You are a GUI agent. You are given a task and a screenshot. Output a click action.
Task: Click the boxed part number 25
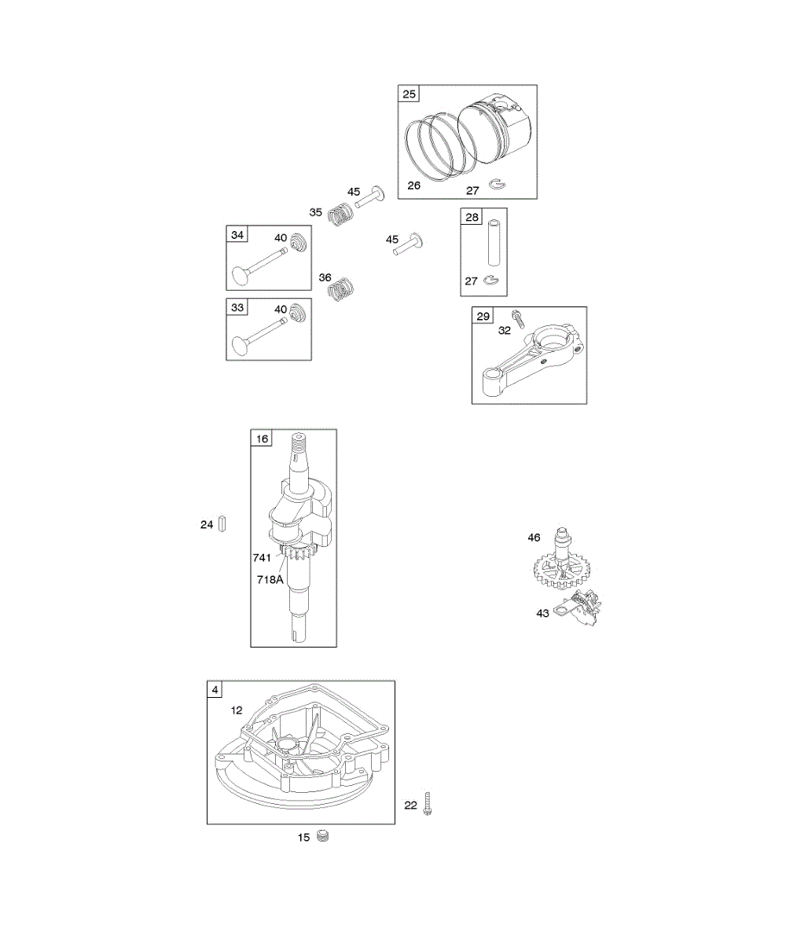[409, 94]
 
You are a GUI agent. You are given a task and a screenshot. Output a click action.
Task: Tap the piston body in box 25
[495, 126]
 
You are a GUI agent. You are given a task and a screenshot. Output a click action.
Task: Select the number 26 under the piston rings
[413, 186]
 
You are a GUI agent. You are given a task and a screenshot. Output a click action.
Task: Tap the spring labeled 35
[341, 214]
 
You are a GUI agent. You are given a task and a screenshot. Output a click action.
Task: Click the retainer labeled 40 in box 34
[297, 244]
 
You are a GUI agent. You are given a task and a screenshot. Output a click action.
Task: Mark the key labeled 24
[222, 523]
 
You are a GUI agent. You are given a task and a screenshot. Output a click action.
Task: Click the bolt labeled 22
[428, 804]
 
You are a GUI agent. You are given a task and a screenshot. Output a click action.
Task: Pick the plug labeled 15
[322, 837]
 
